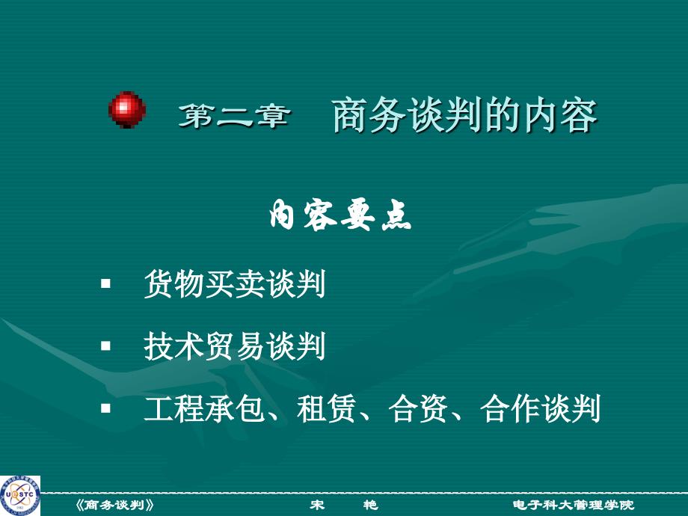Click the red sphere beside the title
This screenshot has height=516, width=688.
pyautogui.click(x=127, y=109)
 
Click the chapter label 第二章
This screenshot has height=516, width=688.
pyautogui.click(x=234, y=116)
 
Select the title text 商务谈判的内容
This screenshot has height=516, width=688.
pyautogui.click(x=464, y=115)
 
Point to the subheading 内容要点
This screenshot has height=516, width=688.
pyautogui.click(x=340, y=215)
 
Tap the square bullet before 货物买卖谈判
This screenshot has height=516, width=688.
pyautogui.click(x=105, y=283)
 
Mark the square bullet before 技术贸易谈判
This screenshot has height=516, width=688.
pyautogui.click(x=105, y=346)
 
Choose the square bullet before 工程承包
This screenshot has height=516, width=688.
pyautogui.click(x=105, y=408)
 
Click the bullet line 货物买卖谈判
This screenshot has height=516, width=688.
pyautogui.click(x=235, y=284)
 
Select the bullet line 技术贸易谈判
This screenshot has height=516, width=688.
pyautogui.click(x=235, y=346)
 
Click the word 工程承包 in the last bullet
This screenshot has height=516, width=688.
pyautogui.click(x=204, y=408)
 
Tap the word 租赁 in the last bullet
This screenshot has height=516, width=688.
pyautogui.click(x=326, y=408)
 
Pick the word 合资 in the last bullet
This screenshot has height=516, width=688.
pyautogui.click(x=418, y=408)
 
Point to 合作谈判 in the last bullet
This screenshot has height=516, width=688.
pyautogui.click(x=540, y=408)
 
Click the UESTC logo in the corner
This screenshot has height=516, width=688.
pyautogui.click(x=20, y=495)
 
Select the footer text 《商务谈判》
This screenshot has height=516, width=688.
pyautogui.click(x=115, y=505)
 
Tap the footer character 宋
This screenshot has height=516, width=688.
pyautogui.click(x=317, y=505)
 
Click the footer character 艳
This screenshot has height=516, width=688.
pyautogui.click(x=370, y=505)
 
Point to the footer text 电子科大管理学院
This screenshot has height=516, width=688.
pyautogui.click(x=574, y=505)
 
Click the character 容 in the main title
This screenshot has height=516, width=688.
pyautogui.click(x=579, y=115)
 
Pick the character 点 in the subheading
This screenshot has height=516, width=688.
pyautogui.click(x=396, y=215)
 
